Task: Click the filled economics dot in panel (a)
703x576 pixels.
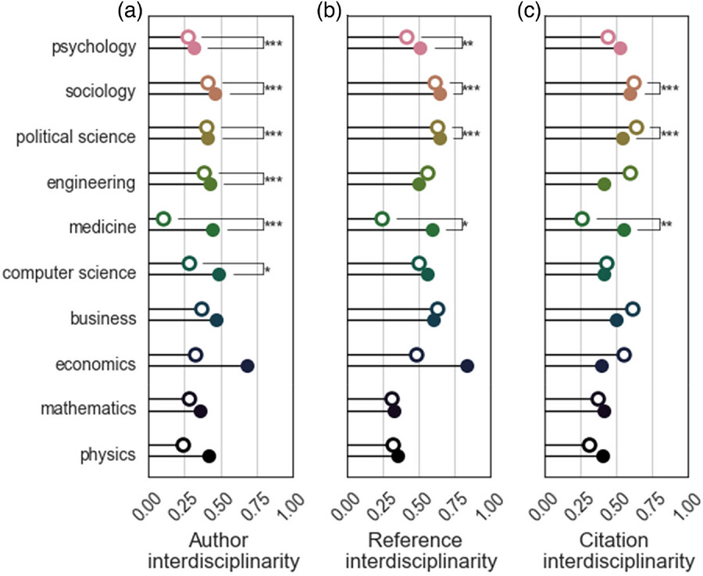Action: [248, 366]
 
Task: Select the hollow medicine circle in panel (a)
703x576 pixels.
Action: [163, 218]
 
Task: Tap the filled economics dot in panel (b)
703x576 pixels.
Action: [467, 366]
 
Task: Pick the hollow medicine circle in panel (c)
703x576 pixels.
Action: [582, 218]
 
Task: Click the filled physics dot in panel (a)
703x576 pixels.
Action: [209, 456]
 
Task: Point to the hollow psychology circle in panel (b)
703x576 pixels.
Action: [406, 37]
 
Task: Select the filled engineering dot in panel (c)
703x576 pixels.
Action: [604, 184]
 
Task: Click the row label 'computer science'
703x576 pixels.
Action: [70, 274]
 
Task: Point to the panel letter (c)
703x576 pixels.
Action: [525, 10]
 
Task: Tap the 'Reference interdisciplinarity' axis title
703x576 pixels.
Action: [420, 551]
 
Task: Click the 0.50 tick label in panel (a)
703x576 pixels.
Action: [209, 506]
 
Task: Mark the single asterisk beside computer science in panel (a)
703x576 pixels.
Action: [268, 270]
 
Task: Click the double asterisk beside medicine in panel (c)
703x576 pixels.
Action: [667, 225]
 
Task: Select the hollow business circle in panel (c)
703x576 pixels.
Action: [633, 309]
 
